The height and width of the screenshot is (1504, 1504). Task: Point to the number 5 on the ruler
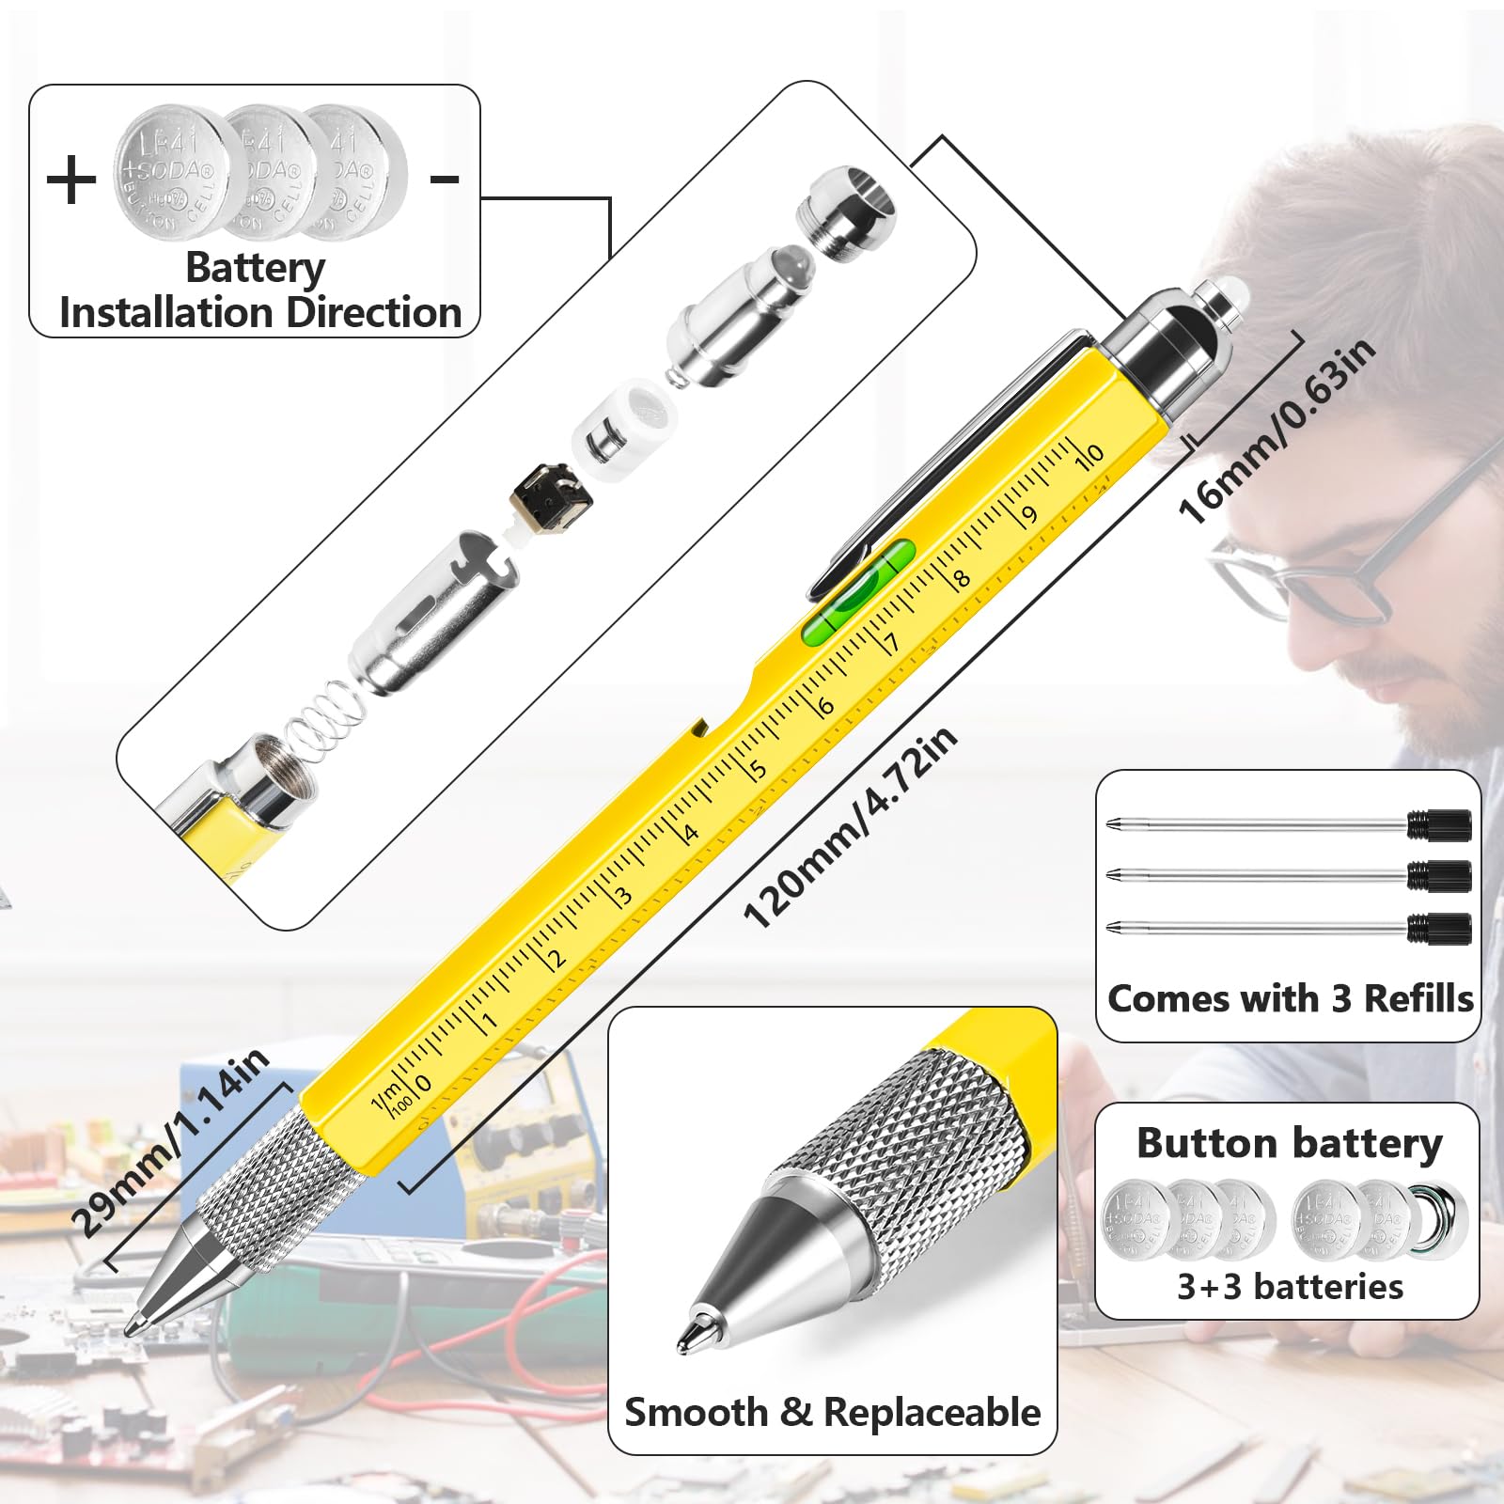758,769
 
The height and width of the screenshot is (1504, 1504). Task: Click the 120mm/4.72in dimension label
850,828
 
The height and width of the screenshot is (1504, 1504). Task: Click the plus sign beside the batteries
71,180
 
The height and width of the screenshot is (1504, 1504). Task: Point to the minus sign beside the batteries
445,179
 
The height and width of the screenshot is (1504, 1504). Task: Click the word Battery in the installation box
255,268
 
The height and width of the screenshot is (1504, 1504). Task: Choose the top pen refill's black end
1439,824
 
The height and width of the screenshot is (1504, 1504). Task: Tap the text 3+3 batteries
1290,1286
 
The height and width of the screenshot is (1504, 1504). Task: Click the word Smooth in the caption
696,1413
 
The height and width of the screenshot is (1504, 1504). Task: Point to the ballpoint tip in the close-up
694,1333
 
